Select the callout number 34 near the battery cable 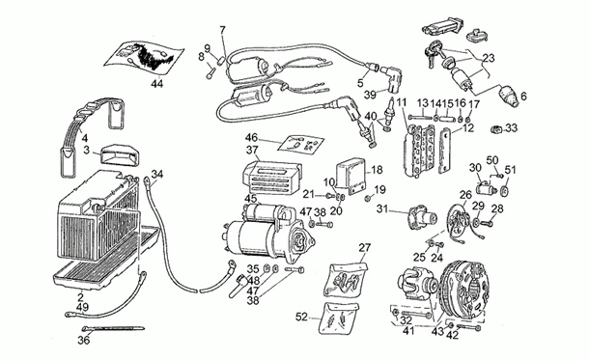(x=157, y=174)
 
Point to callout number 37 (x=251, y=151)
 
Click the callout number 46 (x=251, y=138)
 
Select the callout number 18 (x=378, y=169)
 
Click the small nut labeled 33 (x=497, y=127)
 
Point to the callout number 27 (x=364, y=248)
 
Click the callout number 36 (x=83, y=340)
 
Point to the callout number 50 (x=491, y=159)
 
